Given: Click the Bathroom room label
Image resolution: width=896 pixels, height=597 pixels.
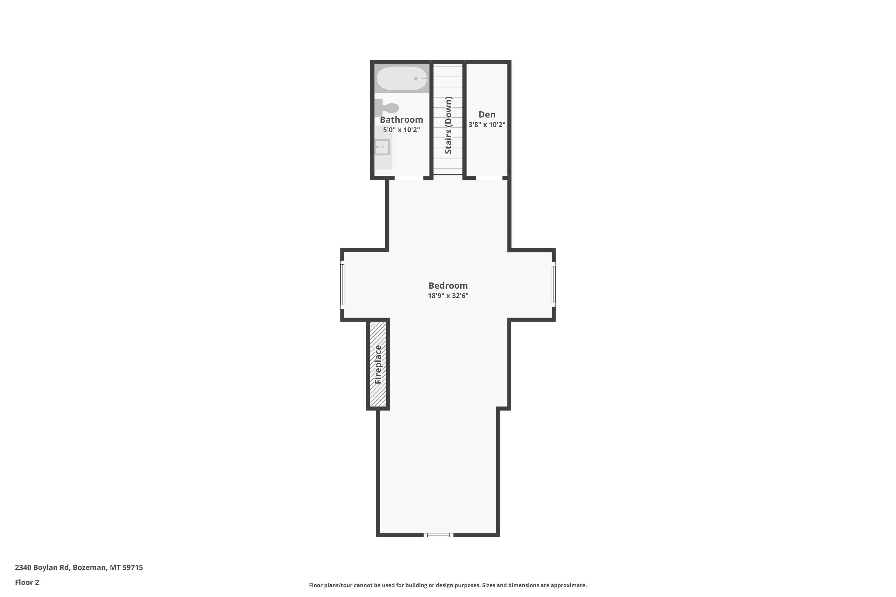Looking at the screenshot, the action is [401, 120].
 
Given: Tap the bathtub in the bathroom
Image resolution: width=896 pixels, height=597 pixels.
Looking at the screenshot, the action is [402, 79].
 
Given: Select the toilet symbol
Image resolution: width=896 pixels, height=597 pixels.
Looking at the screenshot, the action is [387, 108].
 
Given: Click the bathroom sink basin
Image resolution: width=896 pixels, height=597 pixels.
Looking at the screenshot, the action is [382, 147].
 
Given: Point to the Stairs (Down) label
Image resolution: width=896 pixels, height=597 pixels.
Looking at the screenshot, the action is [448, 125].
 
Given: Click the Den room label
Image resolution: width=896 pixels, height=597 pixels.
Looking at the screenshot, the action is [487, 114].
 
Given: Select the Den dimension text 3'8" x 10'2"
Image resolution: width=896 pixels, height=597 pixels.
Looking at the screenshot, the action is [487, 124].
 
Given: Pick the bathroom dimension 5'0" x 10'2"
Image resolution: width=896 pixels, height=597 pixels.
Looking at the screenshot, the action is [401, 130].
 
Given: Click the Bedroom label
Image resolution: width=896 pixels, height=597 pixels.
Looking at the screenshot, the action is [448, 286].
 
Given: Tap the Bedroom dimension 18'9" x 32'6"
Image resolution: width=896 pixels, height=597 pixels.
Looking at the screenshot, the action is [448, 296].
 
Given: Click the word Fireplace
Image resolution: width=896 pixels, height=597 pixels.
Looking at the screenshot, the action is [378, 364].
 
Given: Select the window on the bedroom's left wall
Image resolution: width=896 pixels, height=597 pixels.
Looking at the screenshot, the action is [342, 285].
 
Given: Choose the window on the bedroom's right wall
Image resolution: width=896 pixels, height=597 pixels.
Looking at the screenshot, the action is [553, 284].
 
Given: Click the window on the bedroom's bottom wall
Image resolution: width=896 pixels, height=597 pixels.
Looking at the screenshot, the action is [438, 535].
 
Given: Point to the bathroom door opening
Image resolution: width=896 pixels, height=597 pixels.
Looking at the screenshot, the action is [409, 178].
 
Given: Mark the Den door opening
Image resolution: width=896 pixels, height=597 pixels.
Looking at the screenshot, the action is [489, 178].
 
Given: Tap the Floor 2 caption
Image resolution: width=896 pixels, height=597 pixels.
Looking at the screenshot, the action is [27, 582].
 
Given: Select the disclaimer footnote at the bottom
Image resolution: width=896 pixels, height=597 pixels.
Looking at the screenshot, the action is [448, 585].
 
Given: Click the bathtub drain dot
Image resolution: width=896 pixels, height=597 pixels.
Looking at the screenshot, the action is [416, 79].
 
